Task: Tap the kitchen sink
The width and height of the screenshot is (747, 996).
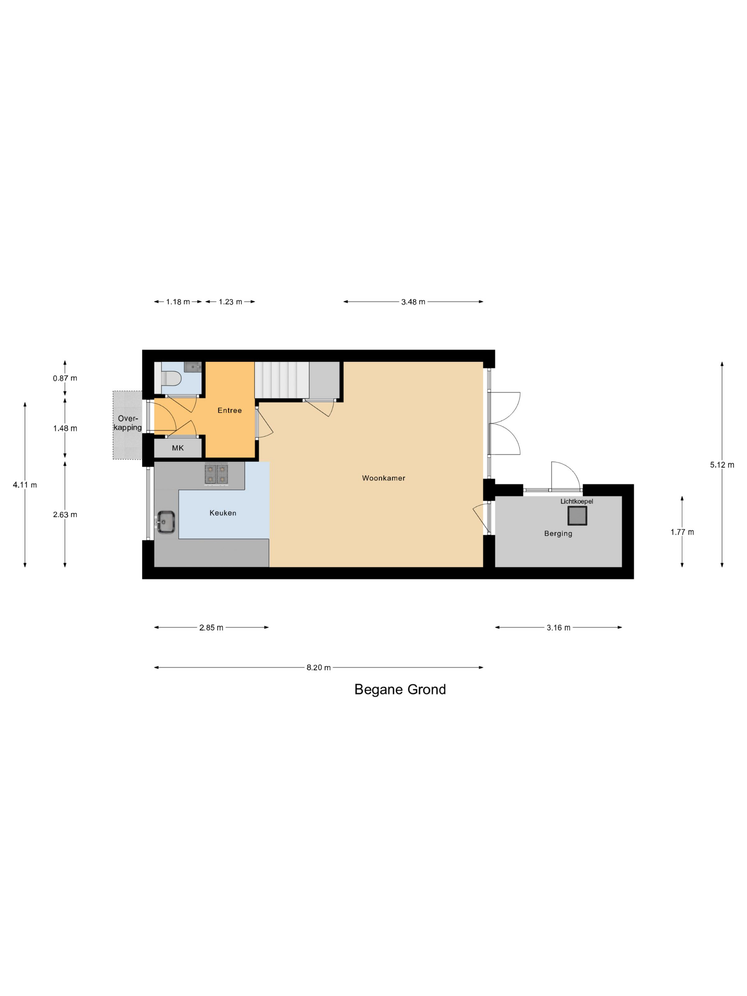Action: pos(166,522)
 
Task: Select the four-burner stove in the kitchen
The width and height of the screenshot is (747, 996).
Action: pos(216,474)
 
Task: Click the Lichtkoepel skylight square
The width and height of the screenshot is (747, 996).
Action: pos(577,515)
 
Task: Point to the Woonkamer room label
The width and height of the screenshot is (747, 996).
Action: pos(383,478)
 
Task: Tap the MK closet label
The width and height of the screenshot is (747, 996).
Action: pos(178,448)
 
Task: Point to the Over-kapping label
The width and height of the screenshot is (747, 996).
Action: pos(127,423)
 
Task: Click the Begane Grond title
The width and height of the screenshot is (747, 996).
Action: pos(400,689)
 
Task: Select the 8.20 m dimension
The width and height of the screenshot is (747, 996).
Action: pos(318,667)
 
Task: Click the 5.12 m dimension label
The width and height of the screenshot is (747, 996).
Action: pos(722,465)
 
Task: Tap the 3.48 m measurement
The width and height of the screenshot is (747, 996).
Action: pos(413,302)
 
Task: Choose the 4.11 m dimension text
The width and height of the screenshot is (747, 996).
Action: pos(25,484)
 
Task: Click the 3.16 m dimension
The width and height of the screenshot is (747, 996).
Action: pos(558,628)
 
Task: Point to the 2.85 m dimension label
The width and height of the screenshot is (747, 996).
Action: pos(211,628)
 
